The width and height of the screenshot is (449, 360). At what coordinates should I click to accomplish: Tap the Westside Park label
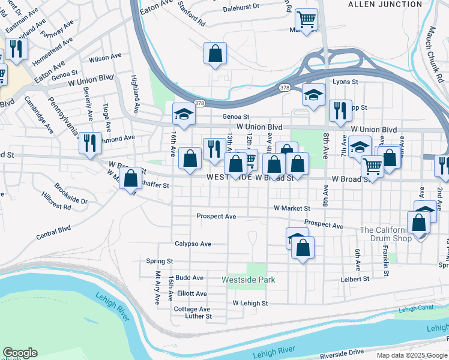pos(248,280)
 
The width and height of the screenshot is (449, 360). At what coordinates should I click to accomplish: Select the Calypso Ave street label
pos(193,244)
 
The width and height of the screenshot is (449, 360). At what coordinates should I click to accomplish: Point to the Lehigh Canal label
pos(415,310)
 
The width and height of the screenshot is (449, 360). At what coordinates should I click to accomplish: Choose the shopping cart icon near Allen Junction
pos(306,20)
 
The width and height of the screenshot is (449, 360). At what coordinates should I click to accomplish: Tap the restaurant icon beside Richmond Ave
pos(90,143)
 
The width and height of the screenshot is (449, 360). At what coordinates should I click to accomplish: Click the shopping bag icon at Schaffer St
pos(130,178)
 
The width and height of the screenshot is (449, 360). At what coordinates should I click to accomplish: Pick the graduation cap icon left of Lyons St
pos(313,95)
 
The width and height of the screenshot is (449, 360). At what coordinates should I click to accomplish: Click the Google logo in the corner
pos(20,353)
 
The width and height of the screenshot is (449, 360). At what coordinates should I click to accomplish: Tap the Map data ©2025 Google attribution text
pos(412,355)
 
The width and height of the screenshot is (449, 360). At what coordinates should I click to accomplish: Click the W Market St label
pos(292,208)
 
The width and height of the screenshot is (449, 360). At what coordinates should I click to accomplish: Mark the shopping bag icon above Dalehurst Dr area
pos(215,53)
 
